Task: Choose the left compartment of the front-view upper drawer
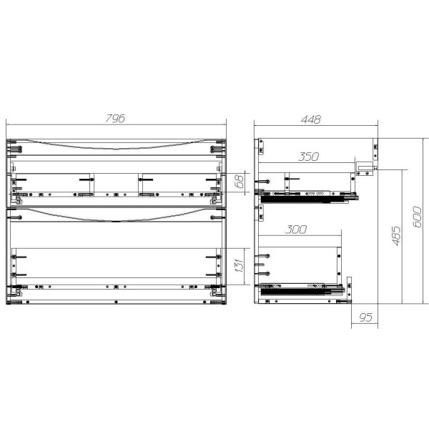[54, 184]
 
